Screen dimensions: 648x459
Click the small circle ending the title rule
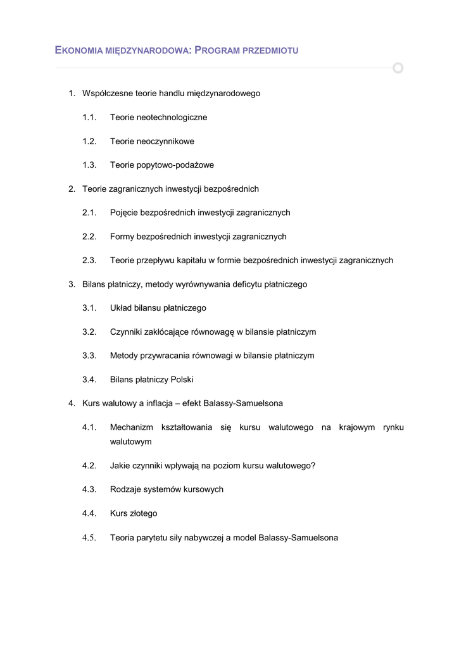pos(398,68)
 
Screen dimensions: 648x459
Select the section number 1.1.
pos(89,117)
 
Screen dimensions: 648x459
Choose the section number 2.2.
pos(89,237)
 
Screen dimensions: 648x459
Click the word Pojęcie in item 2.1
pos(125,213)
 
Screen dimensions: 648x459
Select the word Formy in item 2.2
pos(122,237)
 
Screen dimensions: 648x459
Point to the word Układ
pos(122,308)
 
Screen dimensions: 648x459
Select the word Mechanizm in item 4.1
pos(132,428)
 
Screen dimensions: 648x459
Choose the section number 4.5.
pos(89,538)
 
